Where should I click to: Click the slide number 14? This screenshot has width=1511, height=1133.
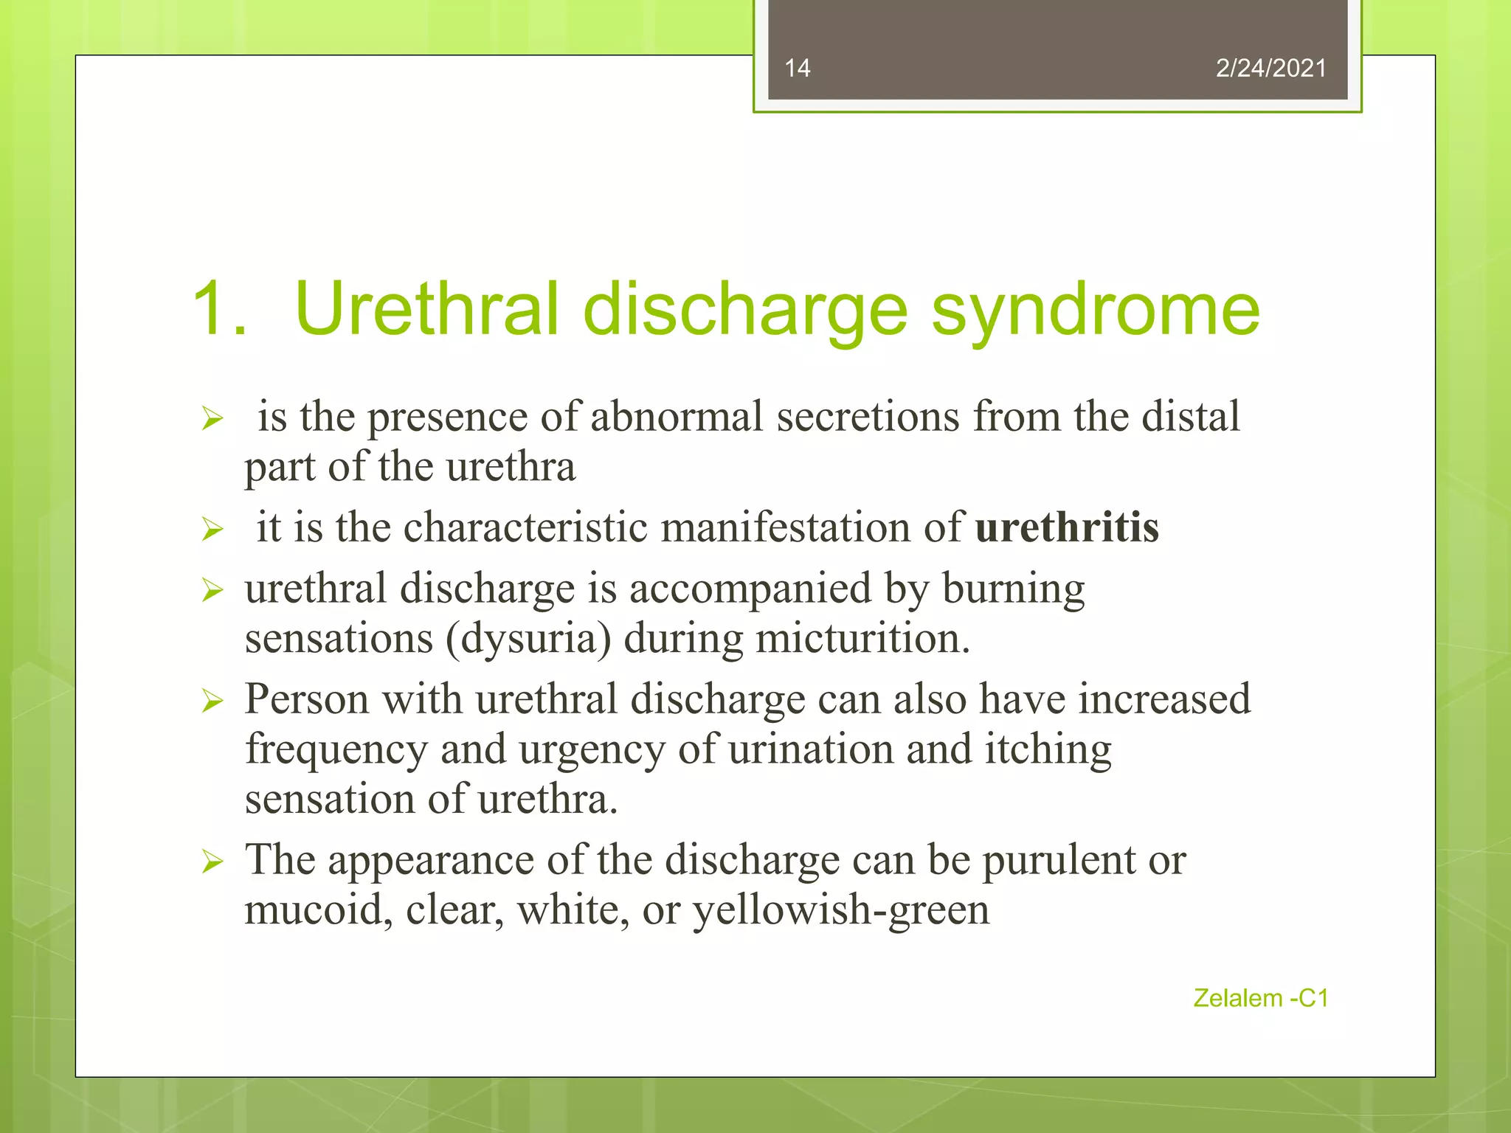(797, 69)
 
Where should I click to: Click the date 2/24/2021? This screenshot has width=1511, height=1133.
(1270, 69)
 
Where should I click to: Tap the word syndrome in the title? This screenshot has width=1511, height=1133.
(1096, 310)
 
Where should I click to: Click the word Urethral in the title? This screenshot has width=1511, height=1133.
(426, 310)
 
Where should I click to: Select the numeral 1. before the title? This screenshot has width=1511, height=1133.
(218, 310)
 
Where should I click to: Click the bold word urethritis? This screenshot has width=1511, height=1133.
(1067, 528)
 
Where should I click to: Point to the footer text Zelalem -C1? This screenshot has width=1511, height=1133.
(1260, 998)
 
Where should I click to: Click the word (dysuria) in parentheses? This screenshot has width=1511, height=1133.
(528, 640)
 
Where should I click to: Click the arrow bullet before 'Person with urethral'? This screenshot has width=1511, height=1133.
(212, 701)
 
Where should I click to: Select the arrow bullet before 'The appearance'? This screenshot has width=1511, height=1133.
(212, 862)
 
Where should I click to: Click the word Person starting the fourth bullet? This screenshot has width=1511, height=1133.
(307, 699)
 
